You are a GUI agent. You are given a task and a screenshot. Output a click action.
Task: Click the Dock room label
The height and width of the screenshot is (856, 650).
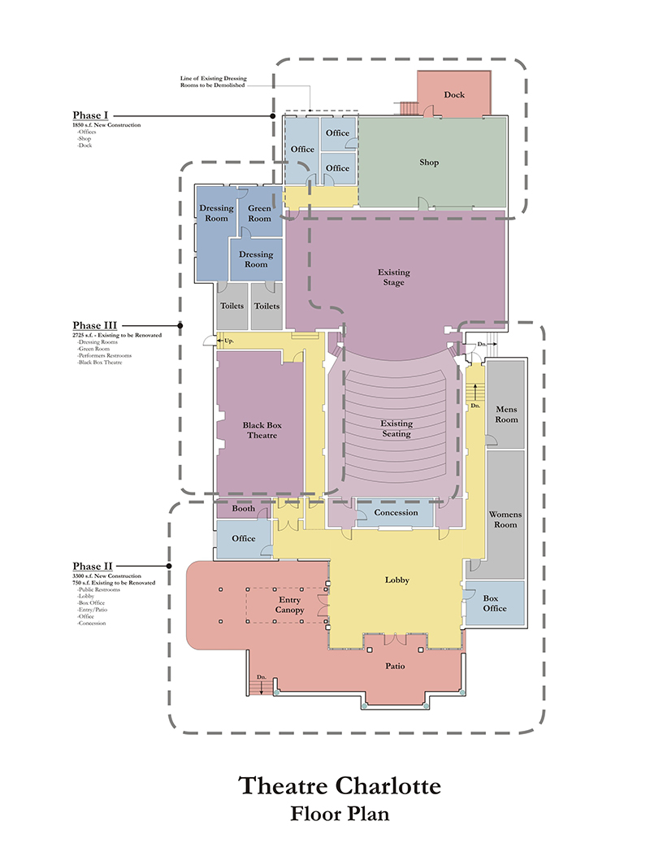click(x=454, y=95)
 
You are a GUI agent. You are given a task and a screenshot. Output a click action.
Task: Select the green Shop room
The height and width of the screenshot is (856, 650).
click(x=429, y=163)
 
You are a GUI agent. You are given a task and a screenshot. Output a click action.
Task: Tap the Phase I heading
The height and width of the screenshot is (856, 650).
click(x=90, y=115)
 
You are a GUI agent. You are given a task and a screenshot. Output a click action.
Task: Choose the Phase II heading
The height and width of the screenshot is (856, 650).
click(x=92, y=567)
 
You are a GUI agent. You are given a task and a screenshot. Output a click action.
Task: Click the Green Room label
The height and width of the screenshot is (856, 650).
click(x=259, y=213)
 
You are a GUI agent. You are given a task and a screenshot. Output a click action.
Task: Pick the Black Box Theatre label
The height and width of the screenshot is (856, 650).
click(x=260, y=430)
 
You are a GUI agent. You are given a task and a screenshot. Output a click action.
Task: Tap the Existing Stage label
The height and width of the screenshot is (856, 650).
click(x=394, y=277)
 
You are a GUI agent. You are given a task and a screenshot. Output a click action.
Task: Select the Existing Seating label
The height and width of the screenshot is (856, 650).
click(x=396, y=428)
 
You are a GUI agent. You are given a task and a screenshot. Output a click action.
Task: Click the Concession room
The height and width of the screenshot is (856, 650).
click(x=396, y=513)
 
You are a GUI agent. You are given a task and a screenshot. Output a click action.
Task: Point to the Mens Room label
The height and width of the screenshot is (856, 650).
click(x=506, y=415)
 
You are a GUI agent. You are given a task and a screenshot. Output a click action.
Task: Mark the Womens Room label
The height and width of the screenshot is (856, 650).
click(x=505, y=519)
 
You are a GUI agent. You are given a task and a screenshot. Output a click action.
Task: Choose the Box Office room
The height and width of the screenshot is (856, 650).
click(x=495, y=603)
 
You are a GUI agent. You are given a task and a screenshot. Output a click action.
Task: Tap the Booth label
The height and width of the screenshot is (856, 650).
click(x=243, y=509)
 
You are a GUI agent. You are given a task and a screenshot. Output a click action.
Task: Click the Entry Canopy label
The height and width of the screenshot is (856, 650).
click(x=289, y=605)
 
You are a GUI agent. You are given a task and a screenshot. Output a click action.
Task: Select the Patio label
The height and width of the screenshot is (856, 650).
click(x=395, y=667)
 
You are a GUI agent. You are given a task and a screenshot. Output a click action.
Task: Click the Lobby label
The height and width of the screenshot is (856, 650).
click(x=396, y=580)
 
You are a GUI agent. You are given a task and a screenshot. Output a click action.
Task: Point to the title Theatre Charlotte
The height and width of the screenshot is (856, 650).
click(x=340, y=787)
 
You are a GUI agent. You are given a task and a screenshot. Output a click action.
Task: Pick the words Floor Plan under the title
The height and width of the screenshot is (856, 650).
click(x=340, y=815)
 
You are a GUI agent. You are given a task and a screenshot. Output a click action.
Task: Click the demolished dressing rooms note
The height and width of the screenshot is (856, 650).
click(x=213, y=82)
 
